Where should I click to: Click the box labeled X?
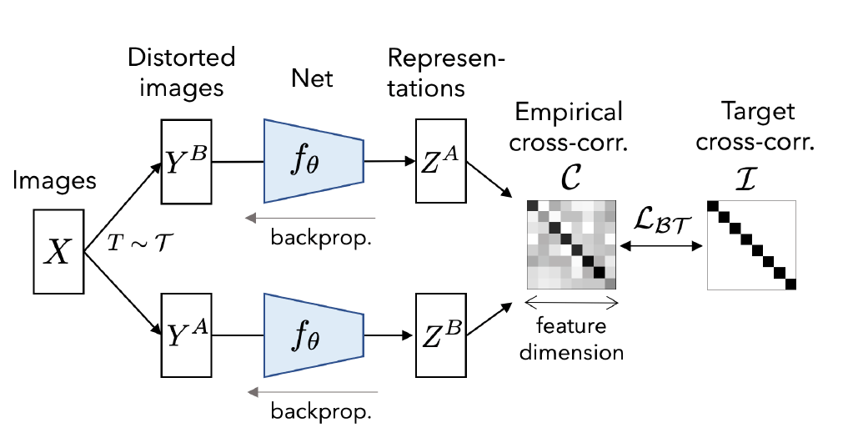click(x=58, y=249)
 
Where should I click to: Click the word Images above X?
click(x=58, y=180)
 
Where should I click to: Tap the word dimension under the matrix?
click(x=572, y=351)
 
